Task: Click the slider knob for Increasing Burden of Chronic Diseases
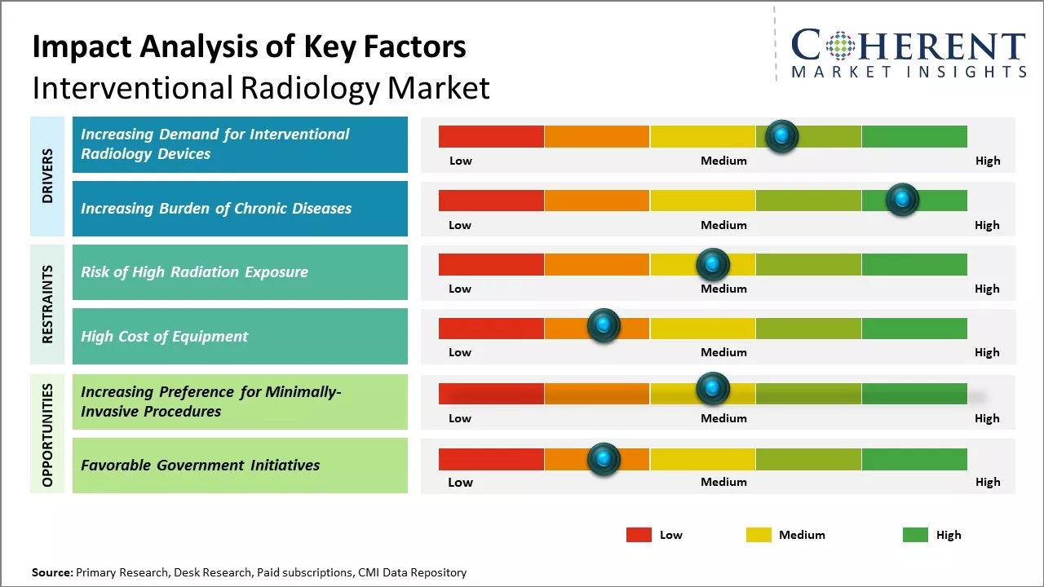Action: point(902,200)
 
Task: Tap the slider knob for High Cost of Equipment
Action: point(604,326)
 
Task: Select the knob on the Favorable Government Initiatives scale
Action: point(604,459)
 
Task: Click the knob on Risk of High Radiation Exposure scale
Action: point(712,264)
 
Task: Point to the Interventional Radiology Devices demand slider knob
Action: point(782,136)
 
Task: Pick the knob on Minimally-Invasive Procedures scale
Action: point(712,389)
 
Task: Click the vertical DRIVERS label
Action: point(47,175)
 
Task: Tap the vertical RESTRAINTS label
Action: point(47,304)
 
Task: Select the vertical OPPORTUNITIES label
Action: point(47,435)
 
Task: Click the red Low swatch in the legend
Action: point(639,535)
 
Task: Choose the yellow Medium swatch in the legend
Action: point(759,535)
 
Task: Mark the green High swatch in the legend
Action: point(915,535)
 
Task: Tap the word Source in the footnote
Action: point(51,572)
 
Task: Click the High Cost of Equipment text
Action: point(164,336)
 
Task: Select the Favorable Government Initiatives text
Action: point(200,465)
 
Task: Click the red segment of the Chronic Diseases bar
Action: point(491,200)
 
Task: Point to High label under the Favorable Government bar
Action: point(987,482)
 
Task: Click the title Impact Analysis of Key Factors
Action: point(249,46)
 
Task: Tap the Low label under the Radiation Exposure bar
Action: point(460,289)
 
